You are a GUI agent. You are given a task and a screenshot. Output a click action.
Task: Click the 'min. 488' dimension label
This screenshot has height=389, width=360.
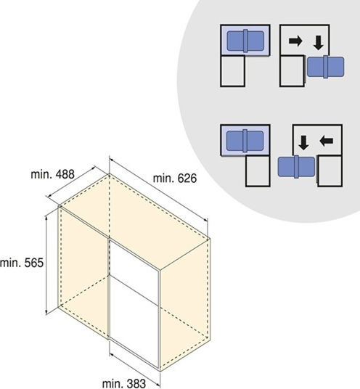[52, 174]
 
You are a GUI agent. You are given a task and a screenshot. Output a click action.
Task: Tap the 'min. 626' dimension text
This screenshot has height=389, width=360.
[175, 179]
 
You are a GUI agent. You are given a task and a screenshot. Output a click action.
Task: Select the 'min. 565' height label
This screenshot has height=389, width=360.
[22, 263]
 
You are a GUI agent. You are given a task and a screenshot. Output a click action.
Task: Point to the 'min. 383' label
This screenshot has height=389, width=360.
[124, 383]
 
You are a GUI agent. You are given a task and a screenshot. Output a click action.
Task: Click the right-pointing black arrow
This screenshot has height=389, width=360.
[295, 41]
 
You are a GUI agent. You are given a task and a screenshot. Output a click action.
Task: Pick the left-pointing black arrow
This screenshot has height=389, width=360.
[327, 142]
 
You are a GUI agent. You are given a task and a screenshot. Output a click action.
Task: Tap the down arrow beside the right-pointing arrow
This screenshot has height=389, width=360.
[319, 43]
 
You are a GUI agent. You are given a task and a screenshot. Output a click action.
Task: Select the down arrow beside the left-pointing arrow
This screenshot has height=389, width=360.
[303, 143]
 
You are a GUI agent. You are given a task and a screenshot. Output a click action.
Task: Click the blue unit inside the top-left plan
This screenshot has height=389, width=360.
[245, 41]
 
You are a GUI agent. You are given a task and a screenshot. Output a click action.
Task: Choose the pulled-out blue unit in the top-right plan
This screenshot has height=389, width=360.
[326, 67]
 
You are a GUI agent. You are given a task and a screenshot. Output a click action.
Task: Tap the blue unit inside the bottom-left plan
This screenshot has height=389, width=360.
[245, 141]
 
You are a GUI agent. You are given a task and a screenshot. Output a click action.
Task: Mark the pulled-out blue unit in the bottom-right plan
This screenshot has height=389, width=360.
[296, 167]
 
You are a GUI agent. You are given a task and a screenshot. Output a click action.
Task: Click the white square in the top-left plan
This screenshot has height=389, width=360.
[232, 71]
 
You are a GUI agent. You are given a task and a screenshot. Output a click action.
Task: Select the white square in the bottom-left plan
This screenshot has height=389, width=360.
[258, 171]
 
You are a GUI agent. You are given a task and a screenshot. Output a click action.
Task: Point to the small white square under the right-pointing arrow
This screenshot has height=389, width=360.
[292, 71]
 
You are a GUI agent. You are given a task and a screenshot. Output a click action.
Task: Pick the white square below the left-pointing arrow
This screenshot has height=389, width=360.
[330, 171]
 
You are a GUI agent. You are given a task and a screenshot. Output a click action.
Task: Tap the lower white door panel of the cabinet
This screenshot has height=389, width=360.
[134, 322]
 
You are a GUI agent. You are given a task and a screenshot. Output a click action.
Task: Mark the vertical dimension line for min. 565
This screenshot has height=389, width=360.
[46, 266]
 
